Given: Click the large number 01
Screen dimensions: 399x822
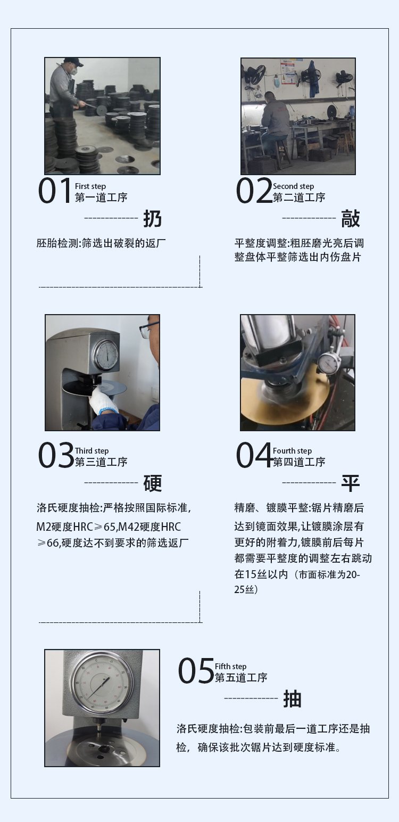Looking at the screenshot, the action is (55, 190).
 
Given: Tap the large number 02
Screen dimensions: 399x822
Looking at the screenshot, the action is (254, 190).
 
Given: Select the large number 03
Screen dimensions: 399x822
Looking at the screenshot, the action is (56, 455).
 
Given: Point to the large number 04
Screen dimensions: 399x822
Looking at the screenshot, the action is (254, 455).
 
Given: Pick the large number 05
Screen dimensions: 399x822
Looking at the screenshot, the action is (196, 670).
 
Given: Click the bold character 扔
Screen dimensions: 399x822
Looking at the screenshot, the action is (152, 219).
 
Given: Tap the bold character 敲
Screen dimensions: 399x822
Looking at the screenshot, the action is (350, 219).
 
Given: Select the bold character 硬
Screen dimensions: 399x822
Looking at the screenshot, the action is (152, 483).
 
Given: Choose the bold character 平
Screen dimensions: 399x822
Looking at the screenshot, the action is (350, 483).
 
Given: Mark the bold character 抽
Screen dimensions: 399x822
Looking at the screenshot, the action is (292, 698).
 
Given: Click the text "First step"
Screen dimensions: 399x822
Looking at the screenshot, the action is (90, 186).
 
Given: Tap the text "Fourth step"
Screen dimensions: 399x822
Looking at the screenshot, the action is (292, 450).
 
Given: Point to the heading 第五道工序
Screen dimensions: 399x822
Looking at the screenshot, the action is (241, 677).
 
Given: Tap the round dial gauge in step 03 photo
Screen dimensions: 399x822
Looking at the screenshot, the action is (106, 355).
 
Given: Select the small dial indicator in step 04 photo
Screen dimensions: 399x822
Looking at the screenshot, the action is (329, 364).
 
